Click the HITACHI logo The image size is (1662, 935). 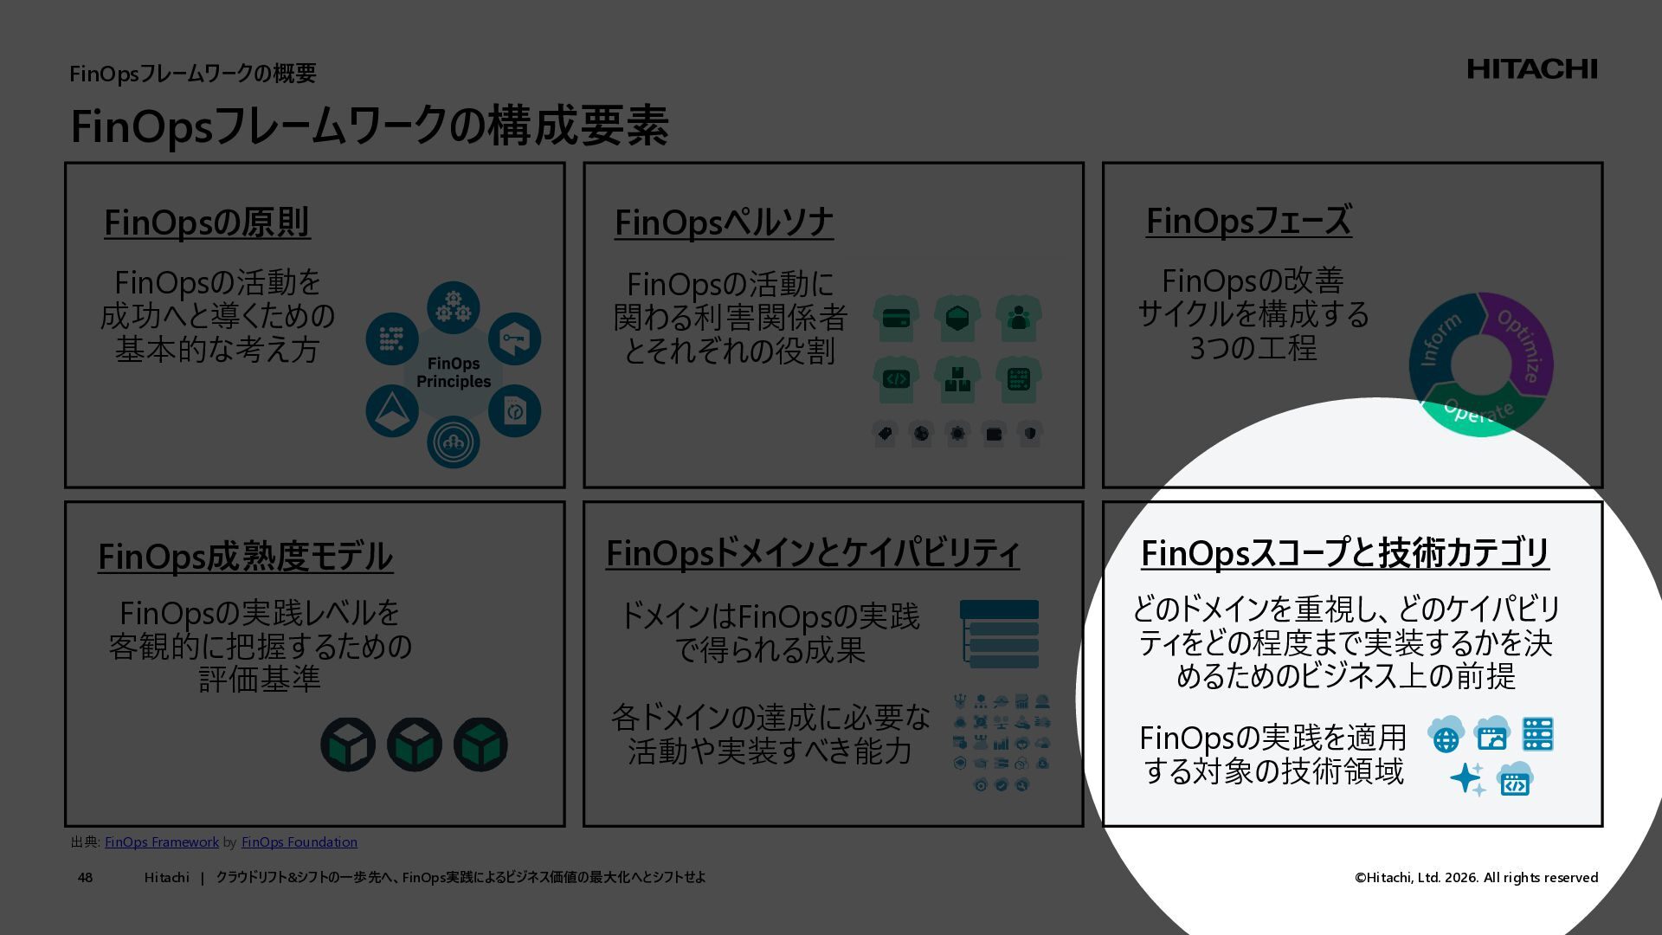pyautogui.click(x=1531, y=69)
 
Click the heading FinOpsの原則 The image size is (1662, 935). pyautogui.click(x=207, y=222)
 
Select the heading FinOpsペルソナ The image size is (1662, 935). pyautogui.click(x=724, y=222)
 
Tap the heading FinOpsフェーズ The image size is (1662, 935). pyautogui.click(x=1248, y=221)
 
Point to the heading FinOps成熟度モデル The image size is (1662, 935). pyautogui.click(x=245, y=557)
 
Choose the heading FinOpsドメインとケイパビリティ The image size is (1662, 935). pyautogui.click(x=812, y=553)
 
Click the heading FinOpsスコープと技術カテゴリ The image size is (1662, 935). pyautogui.click(x=1344, y=553)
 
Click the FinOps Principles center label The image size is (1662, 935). pyautogui.click(x=453, y=373)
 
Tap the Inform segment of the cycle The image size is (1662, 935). pyautogui.click(x=1436, y=340)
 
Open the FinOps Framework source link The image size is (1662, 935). pyautogui.click(x=162, y=842)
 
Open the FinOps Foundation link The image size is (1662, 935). pyautogui.click(x=299, y=842)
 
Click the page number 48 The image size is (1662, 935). pyautogui.click(x=85, y=878)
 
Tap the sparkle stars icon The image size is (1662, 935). pyautogui.click(x=1467, y=779)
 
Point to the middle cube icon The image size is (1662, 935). pyautogui.click(x=415, y=745)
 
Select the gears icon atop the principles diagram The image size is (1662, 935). pyautogui.click(x=453, y=307)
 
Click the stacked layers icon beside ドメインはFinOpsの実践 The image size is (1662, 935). pyautogui.click(x=999, y=635)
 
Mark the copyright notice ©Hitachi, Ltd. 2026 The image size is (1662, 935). pyautogui.click(x=1476, y=878)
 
